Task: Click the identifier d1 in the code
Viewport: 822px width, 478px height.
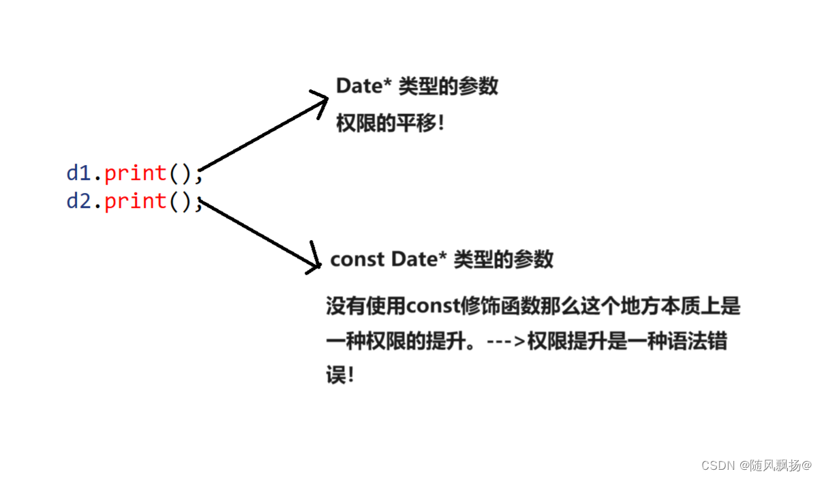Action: tap(78, 173)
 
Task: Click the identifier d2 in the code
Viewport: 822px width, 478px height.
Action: tap(78, 201)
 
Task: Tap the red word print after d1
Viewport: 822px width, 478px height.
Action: tap(136, 173)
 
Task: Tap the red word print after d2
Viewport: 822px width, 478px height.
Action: tap(136, 201)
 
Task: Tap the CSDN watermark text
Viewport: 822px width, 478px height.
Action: tap(716, 465)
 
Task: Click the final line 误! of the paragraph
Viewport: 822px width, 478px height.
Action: tap(340, 376)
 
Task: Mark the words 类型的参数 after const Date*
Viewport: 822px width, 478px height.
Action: tap(504, 260)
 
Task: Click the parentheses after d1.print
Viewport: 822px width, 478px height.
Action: tap(181, 173)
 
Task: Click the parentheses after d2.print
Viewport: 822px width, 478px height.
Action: tap(181, 201)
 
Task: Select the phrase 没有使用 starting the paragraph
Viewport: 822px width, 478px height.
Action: tap(366, 307)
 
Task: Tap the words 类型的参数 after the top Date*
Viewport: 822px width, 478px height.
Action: tap(448, 86)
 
